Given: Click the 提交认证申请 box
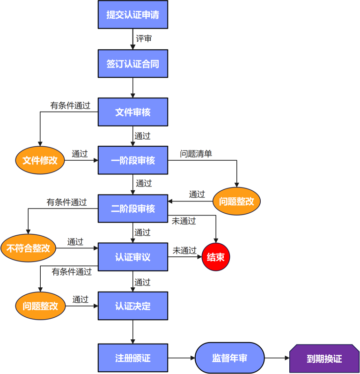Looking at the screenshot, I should click(x=132, y=15).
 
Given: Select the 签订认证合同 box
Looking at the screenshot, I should click(x=132, y=63).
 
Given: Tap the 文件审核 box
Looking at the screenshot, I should click(x=132, y=112).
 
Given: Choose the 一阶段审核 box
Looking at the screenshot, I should click(x=132, y=160).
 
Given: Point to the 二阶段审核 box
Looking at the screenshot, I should click(x=132, y=209).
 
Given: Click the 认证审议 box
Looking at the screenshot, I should click(x=132, y=257).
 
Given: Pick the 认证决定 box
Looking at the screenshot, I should click(x=132, y=306).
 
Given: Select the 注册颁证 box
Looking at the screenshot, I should click(x=132, y=358).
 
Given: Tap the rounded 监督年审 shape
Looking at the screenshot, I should click(x=229, y=358).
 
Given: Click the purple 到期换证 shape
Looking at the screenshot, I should click(x=324, y=359).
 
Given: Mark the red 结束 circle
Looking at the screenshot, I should click(x=216, y=257).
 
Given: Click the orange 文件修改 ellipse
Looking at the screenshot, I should click(x=40, y=160).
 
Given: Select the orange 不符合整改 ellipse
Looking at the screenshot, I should click(x=28, y=248).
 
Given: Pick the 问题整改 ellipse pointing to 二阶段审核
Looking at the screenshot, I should click(x=236, y=201).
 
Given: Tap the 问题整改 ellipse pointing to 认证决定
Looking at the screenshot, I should click(x=40, y=306).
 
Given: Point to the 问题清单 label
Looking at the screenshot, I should click(x=196, y=153).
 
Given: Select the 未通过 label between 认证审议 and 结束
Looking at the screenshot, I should click(x=184, y=250).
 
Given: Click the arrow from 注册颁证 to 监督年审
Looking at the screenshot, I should click(x=181, y=358).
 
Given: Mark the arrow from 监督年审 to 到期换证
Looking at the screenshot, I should click(x=277, y=358).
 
